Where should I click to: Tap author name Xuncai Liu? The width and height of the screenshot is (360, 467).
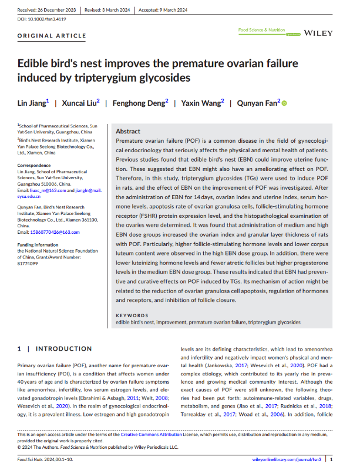point(80,103)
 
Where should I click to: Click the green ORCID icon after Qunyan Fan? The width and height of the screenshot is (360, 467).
point(284,104)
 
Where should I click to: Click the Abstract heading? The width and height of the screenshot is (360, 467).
point(128,132)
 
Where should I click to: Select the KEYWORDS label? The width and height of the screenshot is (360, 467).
point(132,315)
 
